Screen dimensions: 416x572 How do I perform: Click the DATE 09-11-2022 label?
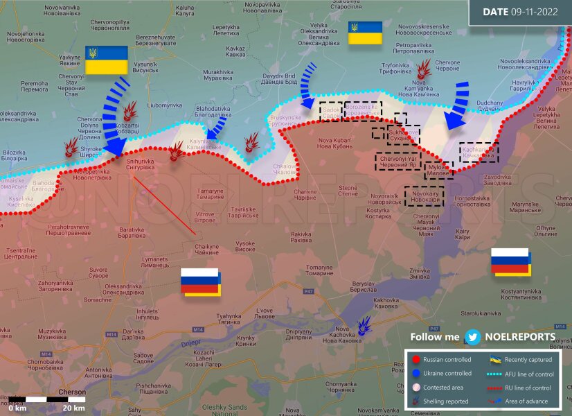click(520, 12)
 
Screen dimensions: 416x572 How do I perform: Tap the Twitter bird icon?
click(474, 337)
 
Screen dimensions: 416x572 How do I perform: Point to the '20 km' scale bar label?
click(74, 408)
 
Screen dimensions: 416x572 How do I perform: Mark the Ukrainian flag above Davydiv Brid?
click(365, 33)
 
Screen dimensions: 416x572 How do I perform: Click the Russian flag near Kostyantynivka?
click(511, 262)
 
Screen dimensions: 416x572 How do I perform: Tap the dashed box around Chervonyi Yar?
click(398, 162)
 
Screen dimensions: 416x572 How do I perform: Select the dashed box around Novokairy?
click(424, 196)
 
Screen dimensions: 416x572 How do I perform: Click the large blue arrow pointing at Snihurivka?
click(113, 116)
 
